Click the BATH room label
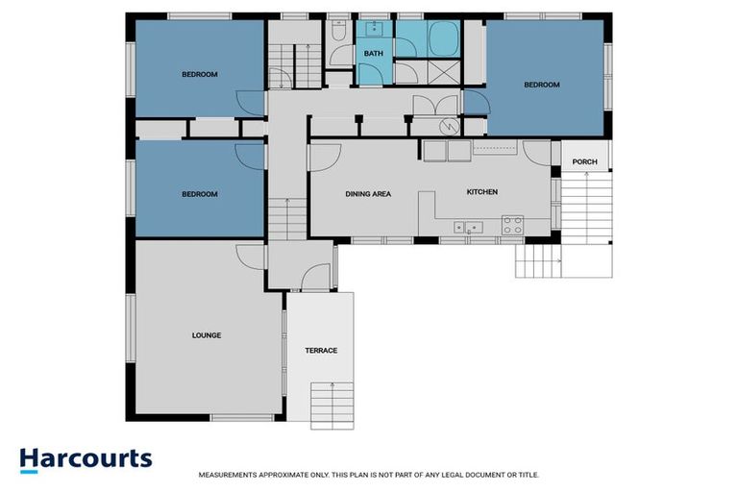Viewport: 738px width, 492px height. (x=373, y=54)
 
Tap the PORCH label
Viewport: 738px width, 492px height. (x=584, y=161)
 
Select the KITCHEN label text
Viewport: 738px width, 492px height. (x=481, y=192)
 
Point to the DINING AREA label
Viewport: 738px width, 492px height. (x=368, y=194)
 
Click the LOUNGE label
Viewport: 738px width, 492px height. (x=207, y=335)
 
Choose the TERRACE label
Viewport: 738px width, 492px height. (x=321, y=350)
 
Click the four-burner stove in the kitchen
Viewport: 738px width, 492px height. (x=512, y=225)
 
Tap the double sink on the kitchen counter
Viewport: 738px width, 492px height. (x=470, y=228)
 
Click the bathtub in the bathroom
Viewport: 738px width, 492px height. (x=443, y=39)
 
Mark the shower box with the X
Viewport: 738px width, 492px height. (x=443, y=73)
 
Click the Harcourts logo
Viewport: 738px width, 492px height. (x=86, y=458)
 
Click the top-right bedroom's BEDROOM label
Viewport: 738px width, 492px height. (x=541, y=85)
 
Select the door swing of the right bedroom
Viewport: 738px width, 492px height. (x=475, y=103)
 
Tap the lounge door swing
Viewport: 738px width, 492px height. (x=252, y=256)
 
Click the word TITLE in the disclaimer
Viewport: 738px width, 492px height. (x=528, y=475)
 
